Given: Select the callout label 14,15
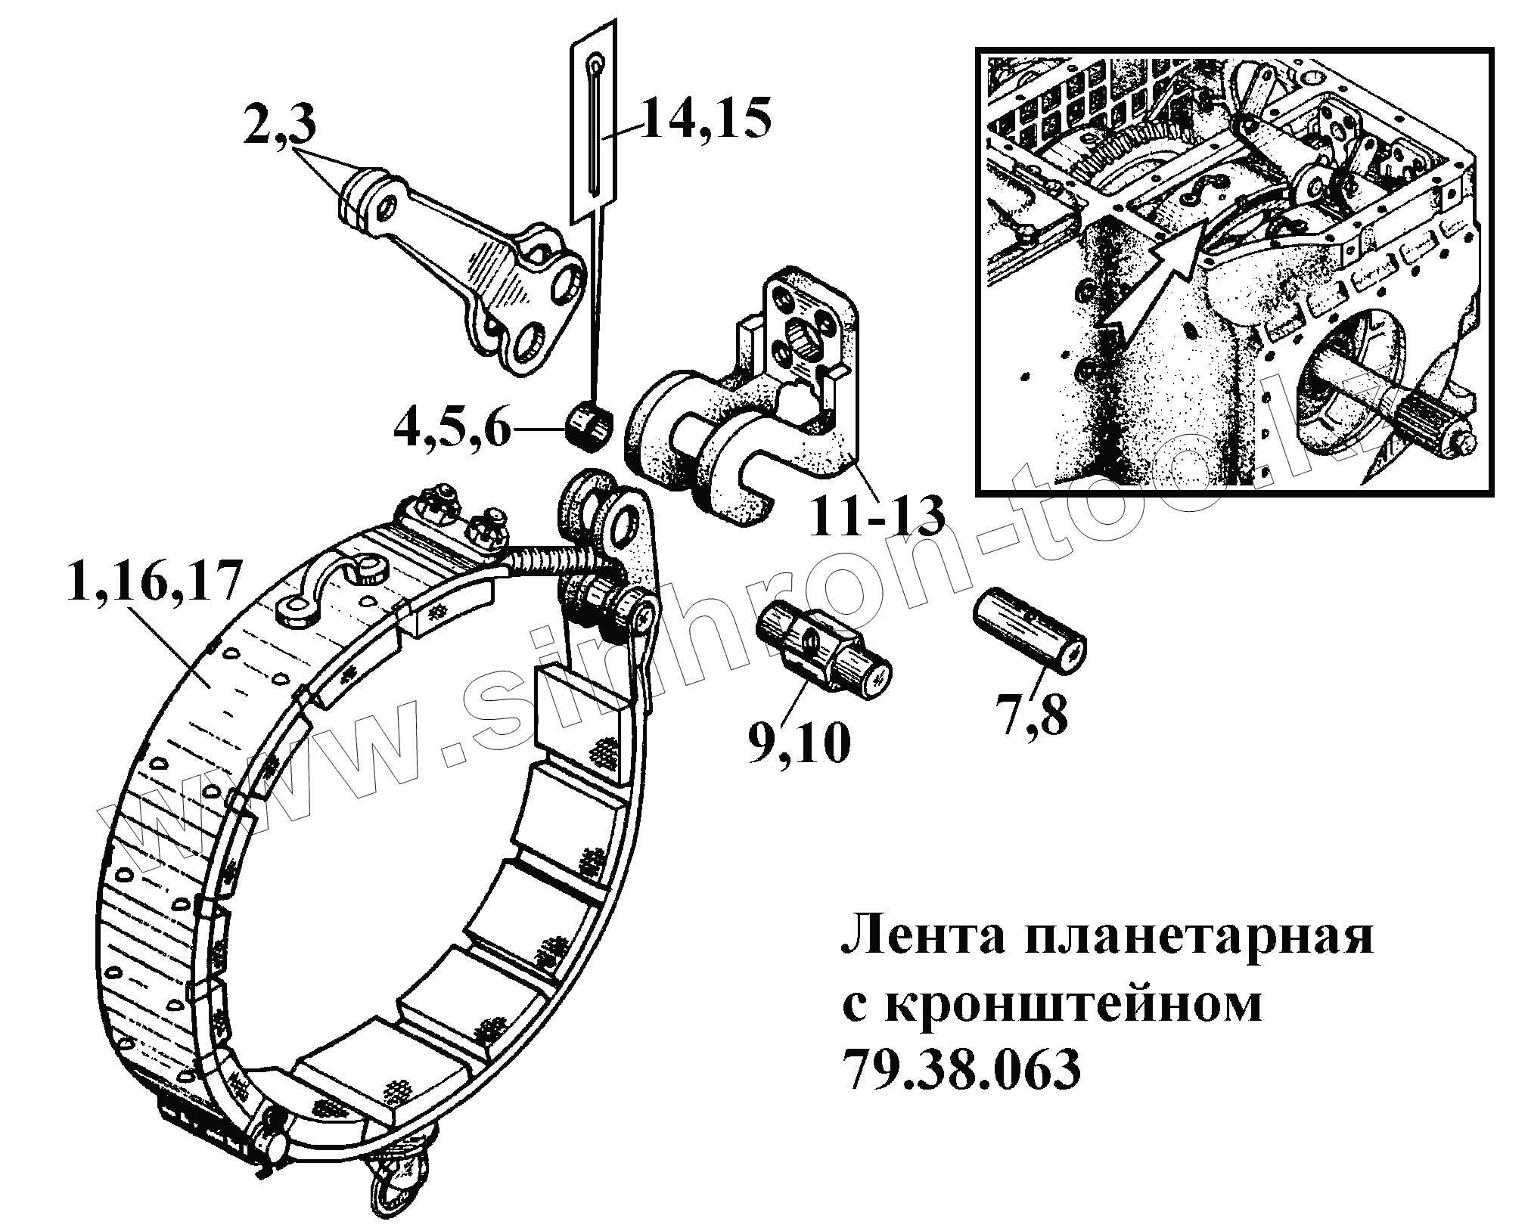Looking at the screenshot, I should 704,119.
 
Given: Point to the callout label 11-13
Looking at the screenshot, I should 877,495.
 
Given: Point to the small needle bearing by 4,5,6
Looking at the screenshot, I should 590,427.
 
